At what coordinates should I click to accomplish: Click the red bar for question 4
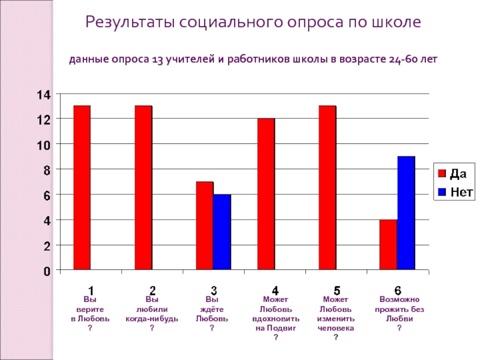[x=266, y=194]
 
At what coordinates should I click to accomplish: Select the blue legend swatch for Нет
[x=442, y=192]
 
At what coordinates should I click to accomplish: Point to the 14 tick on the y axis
[x=44, y=94]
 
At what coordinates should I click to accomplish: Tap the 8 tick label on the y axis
[x=47, y=170]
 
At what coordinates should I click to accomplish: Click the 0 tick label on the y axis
[x=47, y=271]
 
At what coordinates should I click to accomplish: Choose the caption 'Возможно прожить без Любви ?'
[x=399, y=314]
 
